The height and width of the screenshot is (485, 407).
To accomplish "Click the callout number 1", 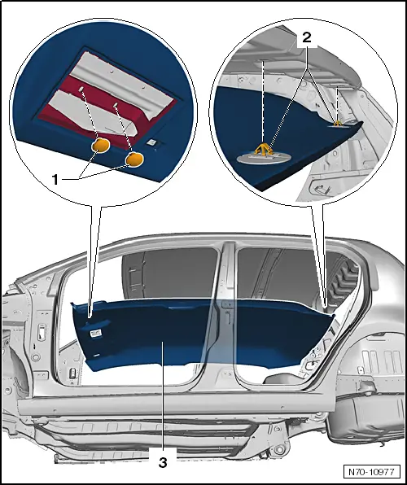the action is point(55,179).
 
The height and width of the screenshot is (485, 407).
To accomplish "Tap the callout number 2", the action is point(306,37).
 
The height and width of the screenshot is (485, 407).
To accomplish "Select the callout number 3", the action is point(163,463).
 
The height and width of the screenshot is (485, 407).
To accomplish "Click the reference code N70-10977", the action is point(371,472).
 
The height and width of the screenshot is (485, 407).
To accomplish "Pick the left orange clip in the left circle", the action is point(100,146).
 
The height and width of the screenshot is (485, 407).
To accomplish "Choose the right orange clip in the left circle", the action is point(133,159).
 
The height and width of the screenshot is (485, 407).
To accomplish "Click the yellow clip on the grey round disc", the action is point(263,150).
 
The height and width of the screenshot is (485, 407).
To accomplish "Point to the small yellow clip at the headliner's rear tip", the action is point(338,123).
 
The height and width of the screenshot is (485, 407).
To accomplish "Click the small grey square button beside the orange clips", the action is point(151,142).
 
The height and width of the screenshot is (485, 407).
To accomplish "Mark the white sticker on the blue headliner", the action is point(95,333).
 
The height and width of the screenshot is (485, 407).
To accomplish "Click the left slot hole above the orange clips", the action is point(81,89).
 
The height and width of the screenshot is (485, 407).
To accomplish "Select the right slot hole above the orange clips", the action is point(115,105).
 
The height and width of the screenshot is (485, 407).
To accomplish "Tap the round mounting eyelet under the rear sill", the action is point(280,449).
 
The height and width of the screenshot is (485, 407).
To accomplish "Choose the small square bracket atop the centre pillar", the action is point(228,304).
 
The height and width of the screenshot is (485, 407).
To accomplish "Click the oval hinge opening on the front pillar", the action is point(42,331).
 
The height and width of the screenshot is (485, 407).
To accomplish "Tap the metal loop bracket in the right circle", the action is point(321,187).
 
